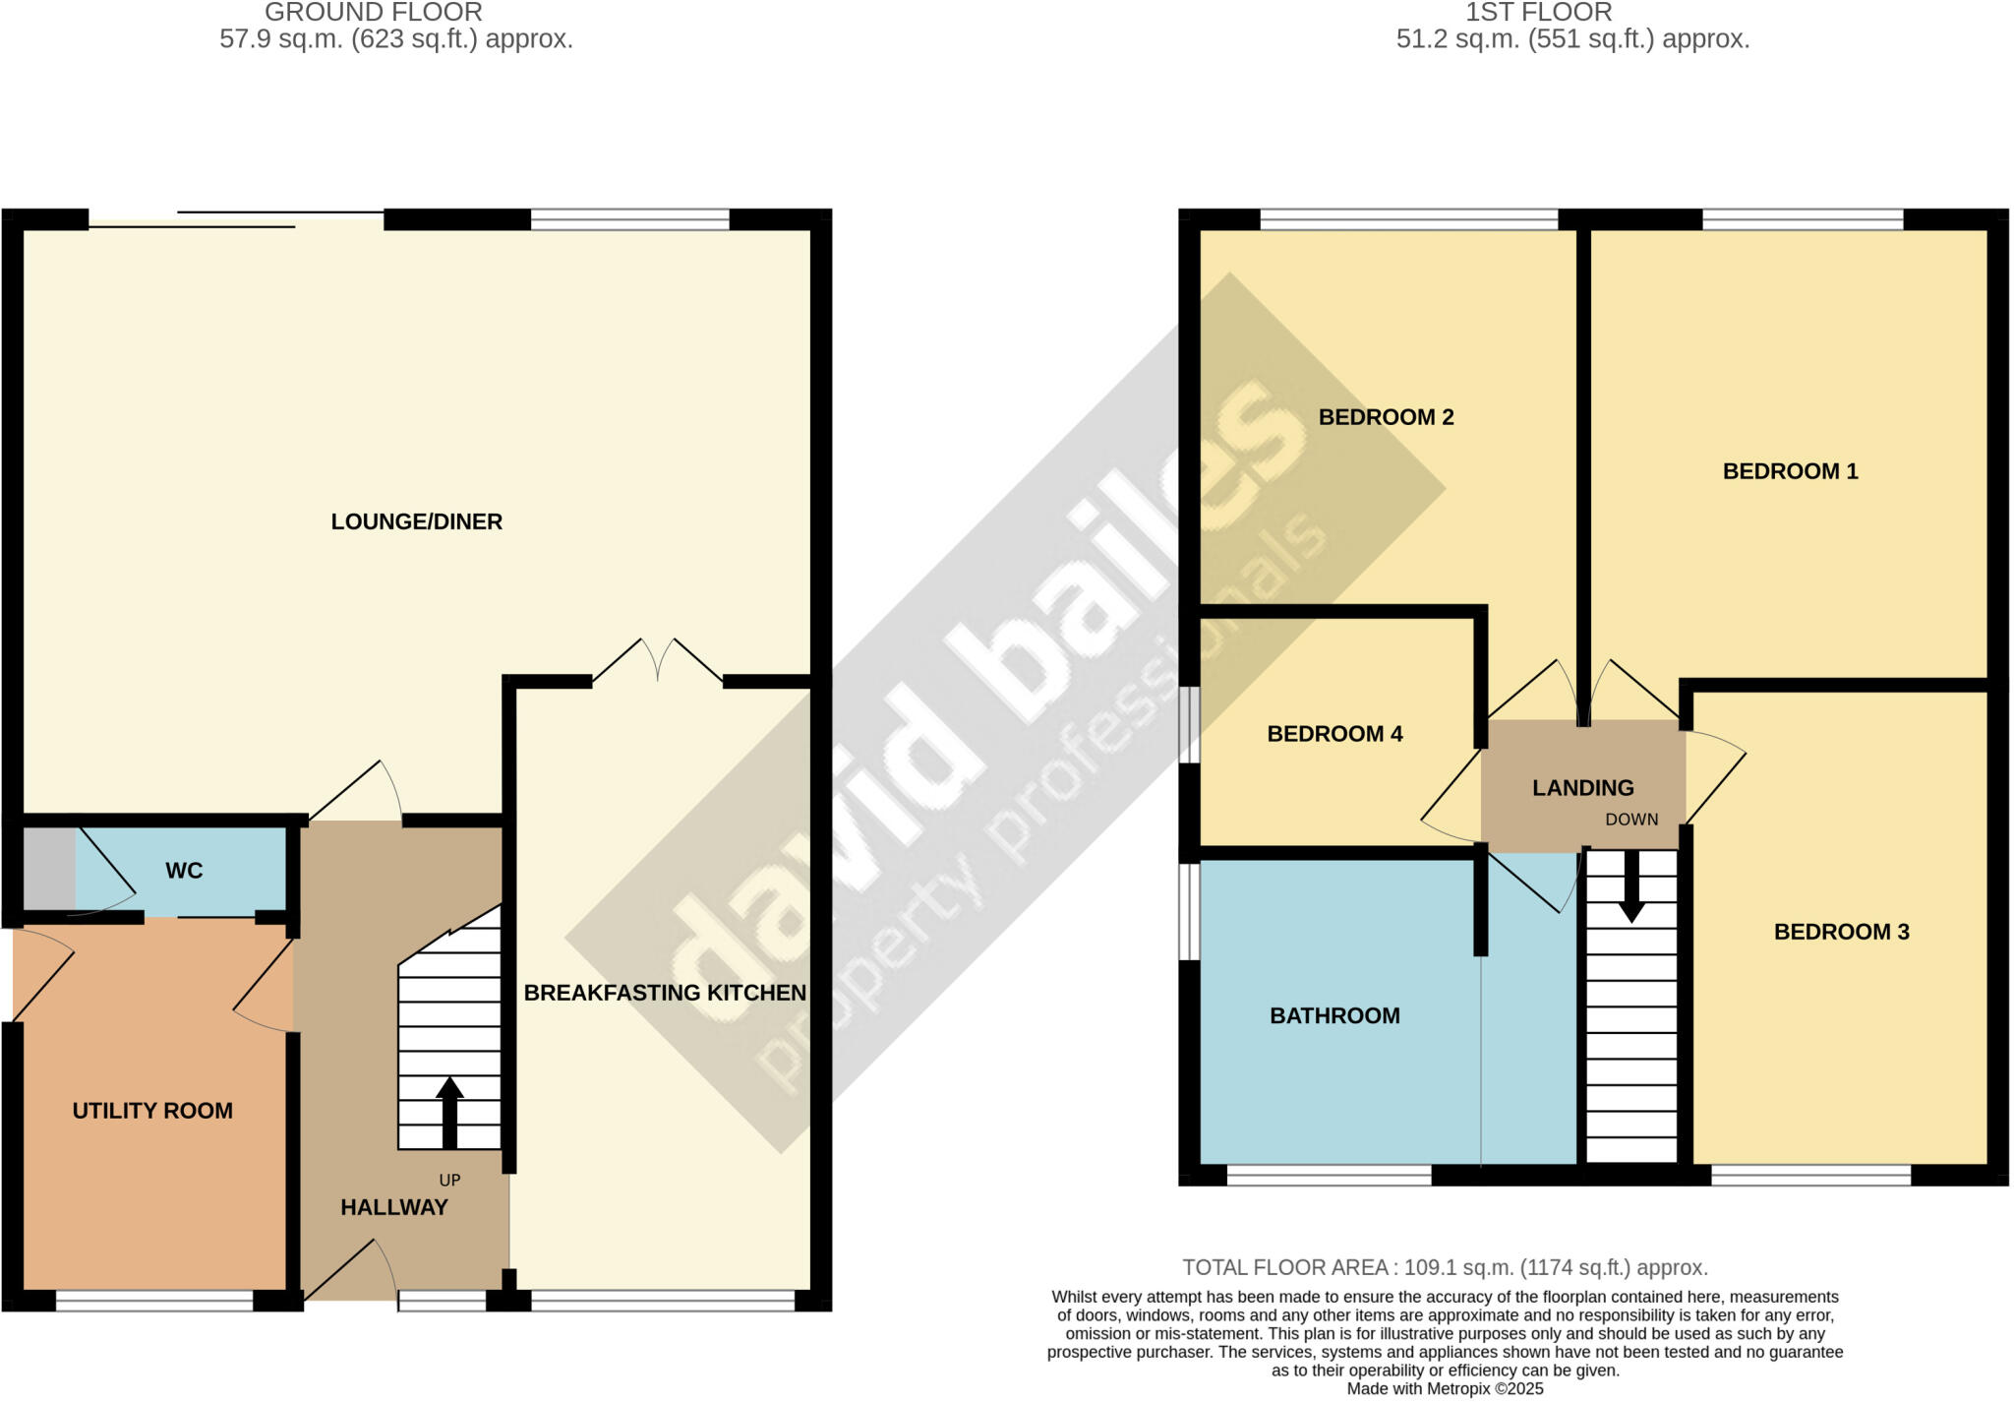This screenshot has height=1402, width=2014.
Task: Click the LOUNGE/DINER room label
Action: coord(416,521)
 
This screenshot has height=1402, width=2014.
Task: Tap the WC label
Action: coord(184,871)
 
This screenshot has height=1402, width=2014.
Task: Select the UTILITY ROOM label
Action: coord(152,1111)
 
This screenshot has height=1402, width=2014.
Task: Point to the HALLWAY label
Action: coord(393,1207)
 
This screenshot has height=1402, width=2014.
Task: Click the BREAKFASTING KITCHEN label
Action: coord(665,993)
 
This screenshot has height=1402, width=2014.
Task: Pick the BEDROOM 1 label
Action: coord(1790,471)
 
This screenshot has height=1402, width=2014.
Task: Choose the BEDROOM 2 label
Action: coord(1386,417)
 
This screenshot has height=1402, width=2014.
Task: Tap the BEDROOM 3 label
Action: coord(1841,932)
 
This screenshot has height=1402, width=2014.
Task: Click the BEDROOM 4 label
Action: coord(1334,734)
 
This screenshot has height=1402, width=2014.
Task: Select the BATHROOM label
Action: coord(1334,1015)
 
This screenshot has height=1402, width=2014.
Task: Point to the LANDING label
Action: coord(1582,788)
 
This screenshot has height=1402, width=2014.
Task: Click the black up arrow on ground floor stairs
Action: coord(449,1112)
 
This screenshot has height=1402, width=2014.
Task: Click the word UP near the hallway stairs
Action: coord(449,1180)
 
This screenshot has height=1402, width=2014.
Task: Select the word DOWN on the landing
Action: coord(1631,820)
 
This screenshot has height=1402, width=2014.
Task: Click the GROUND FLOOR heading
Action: coord(374,13)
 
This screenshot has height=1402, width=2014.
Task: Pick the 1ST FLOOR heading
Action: coord(1539,13)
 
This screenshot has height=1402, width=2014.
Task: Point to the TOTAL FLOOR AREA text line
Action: coord(1445,1267)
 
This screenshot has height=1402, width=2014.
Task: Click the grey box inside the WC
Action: coord(48,869)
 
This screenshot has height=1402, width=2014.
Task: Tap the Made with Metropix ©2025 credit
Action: coord(1445,1389)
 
